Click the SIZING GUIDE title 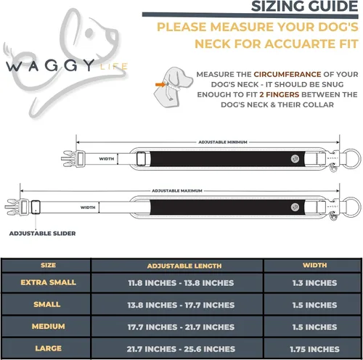pos(304,6)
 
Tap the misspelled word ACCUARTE pos(299,44)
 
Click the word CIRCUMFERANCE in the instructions pos(287,74)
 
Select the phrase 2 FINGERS pos(280,94)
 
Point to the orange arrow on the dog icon pos(160,84)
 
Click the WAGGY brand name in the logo pos(50,65)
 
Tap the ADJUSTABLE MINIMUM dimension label pos(223,142)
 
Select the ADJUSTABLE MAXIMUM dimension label pos(177,191)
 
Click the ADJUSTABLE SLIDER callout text pos(42,234)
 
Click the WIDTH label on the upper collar pos(107,159)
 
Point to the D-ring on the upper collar pos(351,159)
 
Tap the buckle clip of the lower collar pos(16,207)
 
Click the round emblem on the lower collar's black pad pos(295,207)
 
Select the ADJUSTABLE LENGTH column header pos(184,266)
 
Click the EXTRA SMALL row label pos(49,282)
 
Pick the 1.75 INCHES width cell pos(314,349)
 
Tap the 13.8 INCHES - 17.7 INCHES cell pos(181,305)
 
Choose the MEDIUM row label pos(49,327)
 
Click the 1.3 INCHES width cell pos(314,283)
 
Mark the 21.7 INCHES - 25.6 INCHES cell pos(181,349)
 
